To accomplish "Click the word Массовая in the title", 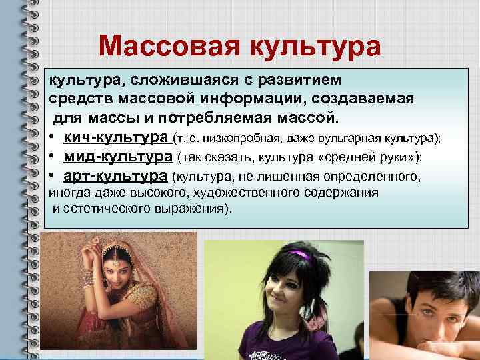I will (169, 46).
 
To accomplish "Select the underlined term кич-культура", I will (116, 138).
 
